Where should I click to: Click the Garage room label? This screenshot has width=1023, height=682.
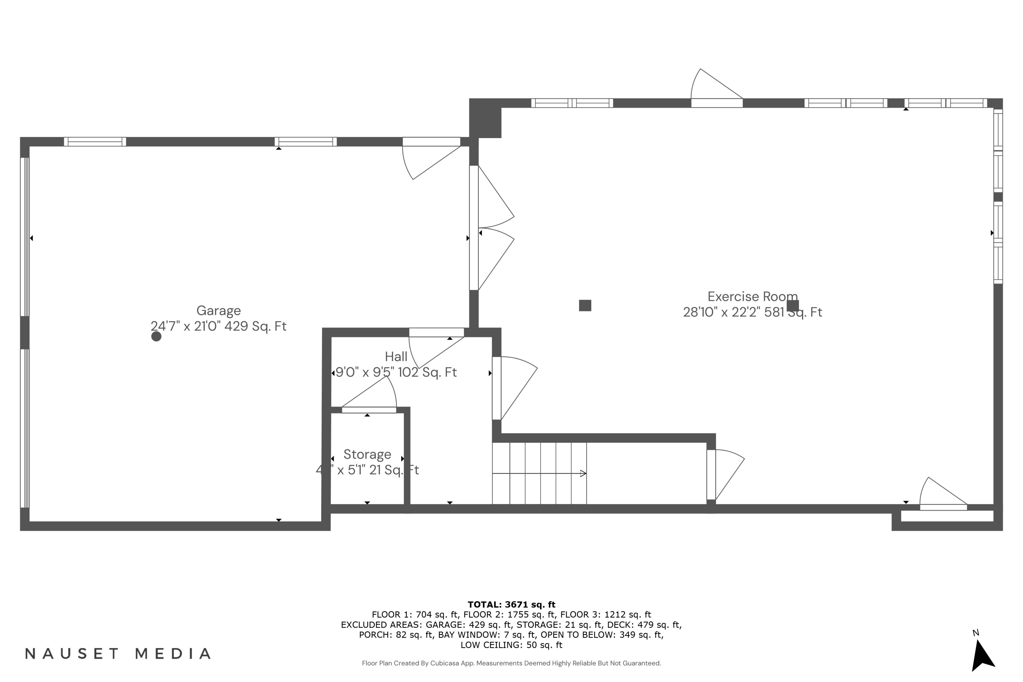(x=218, y=311)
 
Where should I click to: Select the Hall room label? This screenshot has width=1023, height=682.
(x=396, y=357)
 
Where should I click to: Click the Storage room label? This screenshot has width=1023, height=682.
(x=367, y=454)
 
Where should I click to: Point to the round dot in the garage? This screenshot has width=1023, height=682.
(x=156, y=336)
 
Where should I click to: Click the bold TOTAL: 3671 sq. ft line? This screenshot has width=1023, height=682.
(x=511, y=604)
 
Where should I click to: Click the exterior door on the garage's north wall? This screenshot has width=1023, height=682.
(x=431, y=142)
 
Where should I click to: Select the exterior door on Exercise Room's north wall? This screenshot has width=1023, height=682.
(x=716, y=103)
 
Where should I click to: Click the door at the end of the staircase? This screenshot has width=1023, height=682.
(x=711, y=475)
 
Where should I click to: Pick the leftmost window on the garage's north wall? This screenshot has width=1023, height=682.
(x=95, y=142)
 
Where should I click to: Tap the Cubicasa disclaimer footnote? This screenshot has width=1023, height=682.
(x=511, y=663)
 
